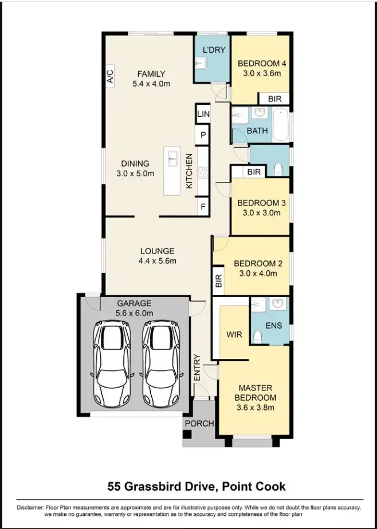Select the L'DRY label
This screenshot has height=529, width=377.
click(x=215, y=50)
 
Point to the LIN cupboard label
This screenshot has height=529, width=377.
click(x=203, y=115)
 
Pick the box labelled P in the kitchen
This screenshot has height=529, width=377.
click(x=203, y=136)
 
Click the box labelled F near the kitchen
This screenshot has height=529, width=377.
click(x=203, y=207)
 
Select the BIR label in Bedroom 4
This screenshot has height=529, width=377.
click(x=275, y=99)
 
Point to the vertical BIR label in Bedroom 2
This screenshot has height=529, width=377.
click(x=218, y=281)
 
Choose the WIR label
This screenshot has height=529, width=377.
click(x=234, y=333)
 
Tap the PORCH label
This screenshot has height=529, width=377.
click(x=199, y=424)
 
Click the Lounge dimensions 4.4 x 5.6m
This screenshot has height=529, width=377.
click(x=156, y=261)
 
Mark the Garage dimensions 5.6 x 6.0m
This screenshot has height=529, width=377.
click(x=134, y=313)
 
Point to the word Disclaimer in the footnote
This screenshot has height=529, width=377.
click(x=29, y=508)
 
